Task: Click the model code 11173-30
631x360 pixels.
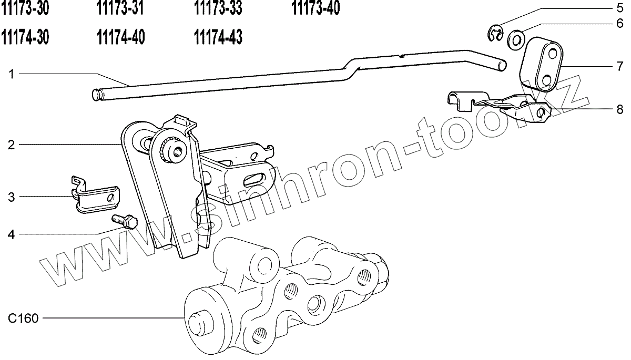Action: click(25, 8)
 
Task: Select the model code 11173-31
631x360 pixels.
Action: click(120, 8)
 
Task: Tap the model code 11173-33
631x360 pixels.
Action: click(218, 8)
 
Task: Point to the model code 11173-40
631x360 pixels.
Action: click(316, 8)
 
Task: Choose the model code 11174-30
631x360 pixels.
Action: click(25, 37)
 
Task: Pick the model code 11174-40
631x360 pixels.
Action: click(121, 37)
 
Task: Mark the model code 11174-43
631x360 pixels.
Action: click(218, 37)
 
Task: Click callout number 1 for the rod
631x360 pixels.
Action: click(11, 74)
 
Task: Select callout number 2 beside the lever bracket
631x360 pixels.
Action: click(11, 145)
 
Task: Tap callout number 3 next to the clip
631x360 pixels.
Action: click(11, 197)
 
